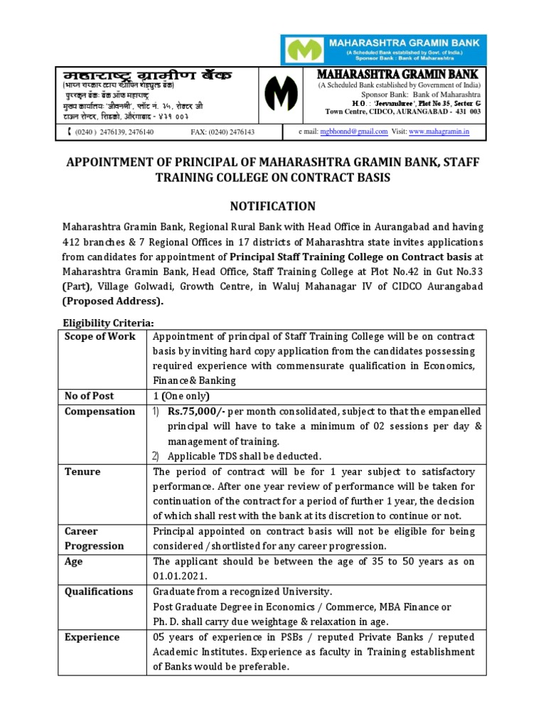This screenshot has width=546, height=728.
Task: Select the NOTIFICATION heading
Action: tap(273, 206)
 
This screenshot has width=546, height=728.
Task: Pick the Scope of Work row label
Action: tap(100, 336)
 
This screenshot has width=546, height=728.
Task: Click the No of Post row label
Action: tap(89, 396)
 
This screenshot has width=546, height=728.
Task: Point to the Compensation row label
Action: tap(100, 412)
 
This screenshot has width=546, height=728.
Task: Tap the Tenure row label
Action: tap(82, 472)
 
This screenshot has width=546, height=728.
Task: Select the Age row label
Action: tap(73, 562)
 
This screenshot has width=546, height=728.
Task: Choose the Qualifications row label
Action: tap(99, 591)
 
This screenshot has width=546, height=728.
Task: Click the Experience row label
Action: tap(92, 637)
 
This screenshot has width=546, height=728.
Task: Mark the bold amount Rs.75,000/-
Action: tap(195, 412)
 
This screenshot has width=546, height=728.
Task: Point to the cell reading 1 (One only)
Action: tap(182, 396)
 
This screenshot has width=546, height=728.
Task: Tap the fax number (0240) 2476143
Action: tap(223, 132)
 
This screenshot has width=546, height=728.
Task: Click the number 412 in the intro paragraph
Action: tap(75, 242)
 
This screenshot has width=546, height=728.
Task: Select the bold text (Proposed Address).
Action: tap(112, 301)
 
